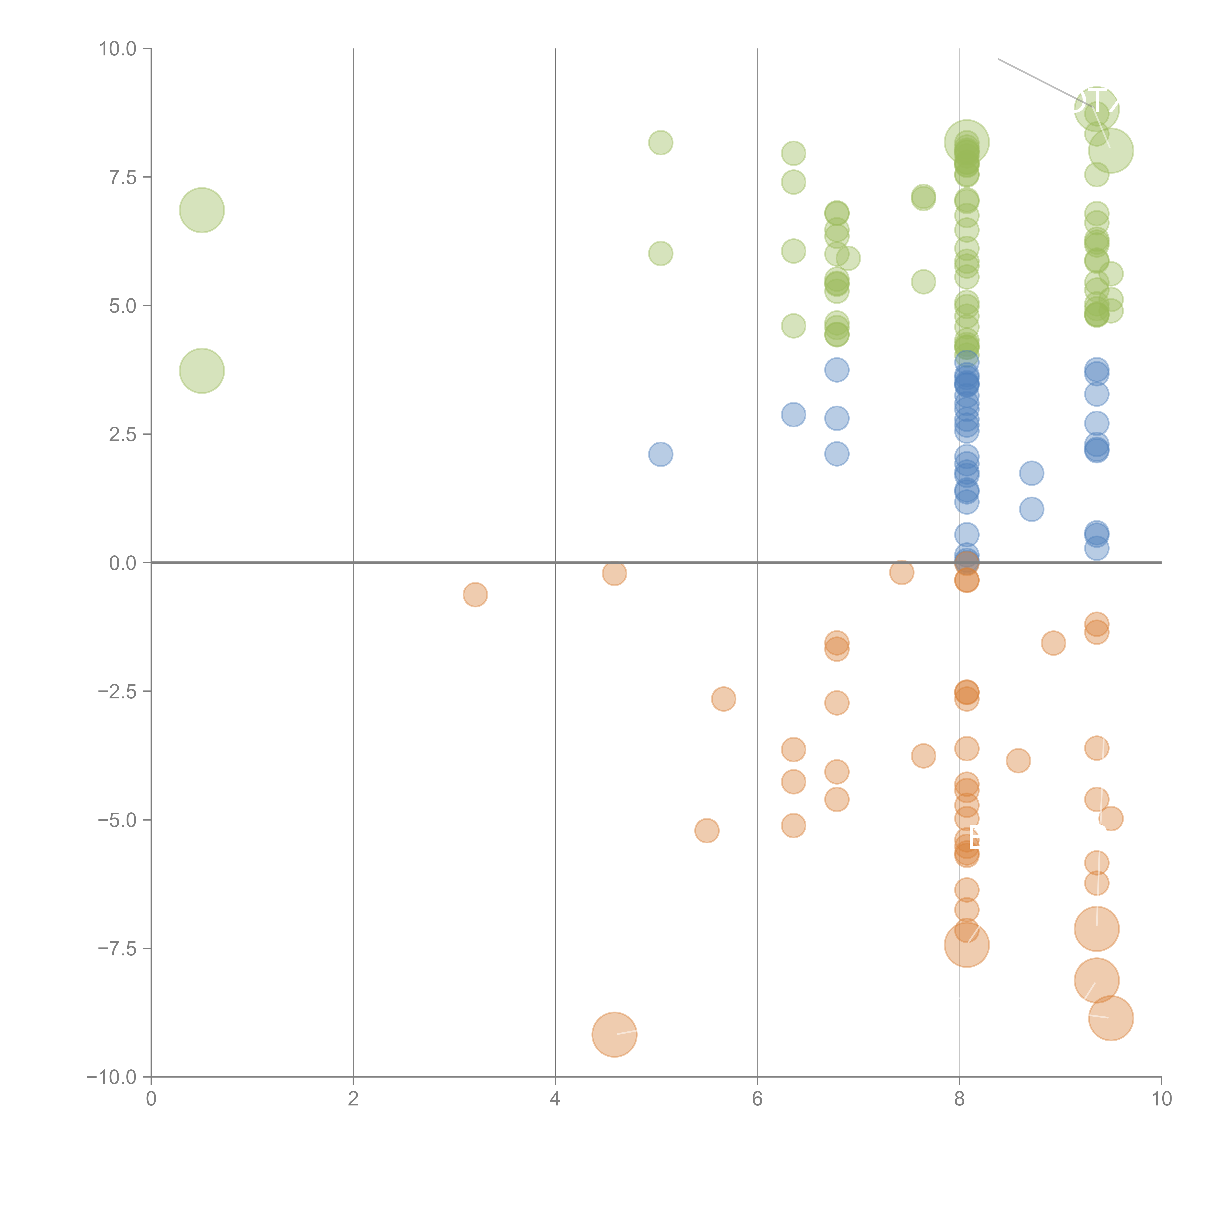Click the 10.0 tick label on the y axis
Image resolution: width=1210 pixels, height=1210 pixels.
118,49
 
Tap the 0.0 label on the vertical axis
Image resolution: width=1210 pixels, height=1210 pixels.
123,563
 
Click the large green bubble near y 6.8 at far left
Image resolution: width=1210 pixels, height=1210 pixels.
202,210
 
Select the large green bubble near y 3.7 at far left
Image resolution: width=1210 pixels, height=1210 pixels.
202,371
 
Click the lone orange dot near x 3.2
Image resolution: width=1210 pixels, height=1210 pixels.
475,594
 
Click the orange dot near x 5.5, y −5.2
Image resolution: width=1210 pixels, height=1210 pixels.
706,831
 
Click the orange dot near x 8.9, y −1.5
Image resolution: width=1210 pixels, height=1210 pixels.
1053,643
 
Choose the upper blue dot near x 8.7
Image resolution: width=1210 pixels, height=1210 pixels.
1031,473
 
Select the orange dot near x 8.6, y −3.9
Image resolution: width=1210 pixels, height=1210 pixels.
1018,761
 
